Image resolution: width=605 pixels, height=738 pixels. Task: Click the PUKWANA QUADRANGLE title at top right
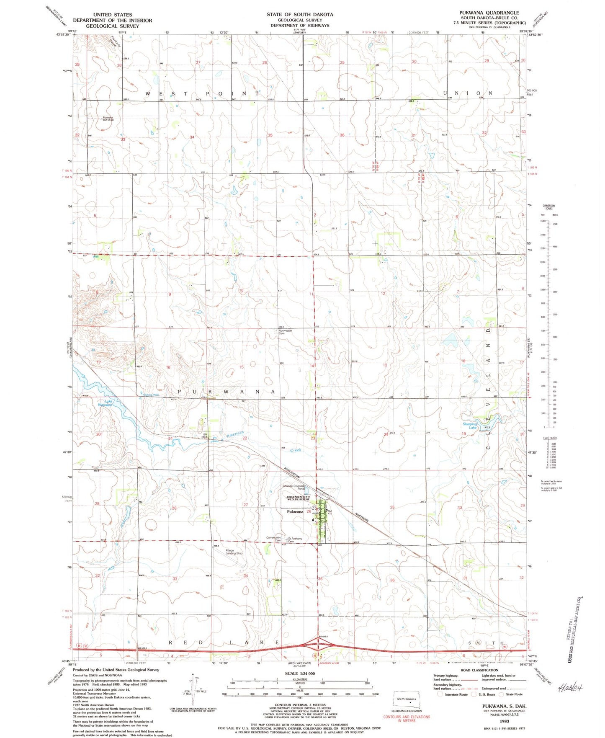489,13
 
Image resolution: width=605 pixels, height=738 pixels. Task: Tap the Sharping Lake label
469,426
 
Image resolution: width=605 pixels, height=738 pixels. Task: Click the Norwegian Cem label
285,332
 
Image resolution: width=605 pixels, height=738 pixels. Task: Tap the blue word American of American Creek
235,435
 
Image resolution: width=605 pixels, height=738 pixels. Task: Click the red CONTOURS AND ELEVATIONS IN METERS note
406,719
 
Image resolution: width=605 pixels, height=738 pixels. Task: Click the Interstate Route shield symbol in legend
440,694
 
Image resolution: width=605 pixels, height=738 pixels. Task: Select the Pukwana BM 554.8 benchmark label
108,119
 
